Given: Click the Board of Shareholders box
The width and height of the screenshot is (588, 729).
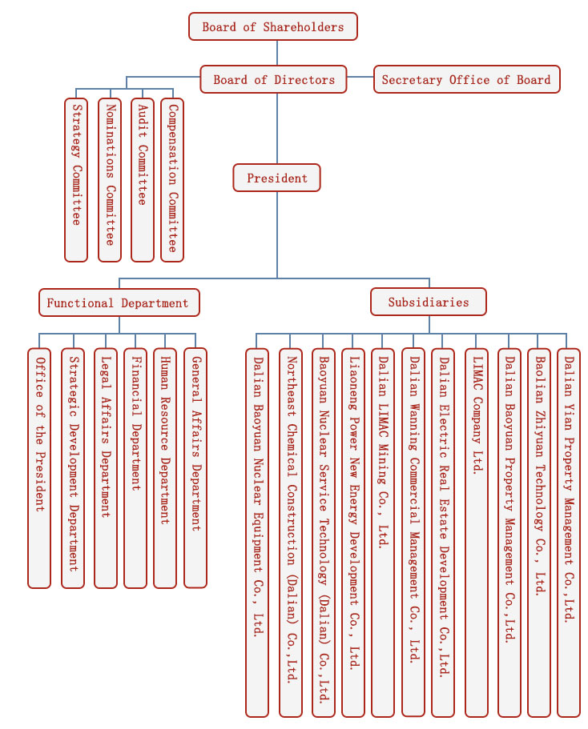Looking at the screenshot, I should [x=272, y=26].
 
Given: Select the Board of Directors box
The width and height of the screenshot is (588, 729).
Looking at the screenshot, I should [x=274, y=79].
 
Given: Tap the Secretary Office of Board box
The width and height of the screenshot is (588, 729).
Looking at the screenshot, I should [x=466, y=79].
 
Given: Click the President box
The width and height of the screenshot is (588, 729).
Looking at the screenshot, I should [x=276, y=178].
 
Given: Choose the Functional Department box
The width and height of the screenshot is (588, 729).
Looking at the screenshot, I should [x=119, y=302].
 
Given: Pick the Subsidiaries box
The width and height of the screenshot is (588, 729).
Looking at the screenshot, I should [x=429, y=302].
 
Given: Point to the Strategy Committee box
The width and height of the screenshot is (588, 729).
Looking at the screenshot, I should [x=76, y=180].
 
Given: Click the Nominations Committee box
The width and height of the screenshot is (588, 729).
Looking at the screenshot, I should [x=110, y=180].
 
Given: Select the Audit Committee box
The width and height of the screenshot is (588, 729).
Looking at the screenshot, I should [x=143, y=180].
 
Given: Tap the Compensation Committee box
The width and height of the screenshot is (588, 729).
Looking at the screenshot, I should [x=172, y=180].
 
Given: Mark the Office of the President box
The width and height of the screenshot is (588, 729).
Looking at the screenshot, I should [x=39, y=468].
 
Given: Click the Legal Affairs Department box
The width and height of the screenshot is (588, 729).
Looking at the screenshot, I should [x=105, y=468].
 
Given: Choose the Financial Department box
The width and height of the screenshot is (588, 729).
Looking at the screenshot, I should [x=135, y=468].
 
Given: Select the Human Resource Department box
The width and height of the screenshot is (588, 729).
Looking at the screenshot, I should [x=165, y=468].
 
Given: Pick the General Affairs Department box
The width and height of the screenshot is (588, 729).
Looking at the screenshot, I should [x=195, y=468].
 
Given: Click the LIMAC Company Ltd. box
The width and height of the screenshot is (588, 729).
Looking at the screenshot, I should [x=477, y=532].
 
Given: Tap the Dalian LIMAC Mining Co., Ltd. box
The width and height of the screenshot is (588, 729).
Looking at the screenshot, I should [x=383, y=532].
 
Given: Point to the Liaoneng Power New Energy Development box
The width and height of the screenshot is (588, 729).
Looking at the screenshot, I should [x=353, y=532].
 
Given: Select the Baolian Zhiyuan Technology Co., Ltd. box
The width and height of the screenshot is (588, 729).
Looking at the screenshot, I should [x=539, y=532].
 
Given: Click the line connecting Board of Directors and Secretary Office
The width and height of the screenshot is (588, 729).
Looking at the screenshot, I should [x=360, y=77].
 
